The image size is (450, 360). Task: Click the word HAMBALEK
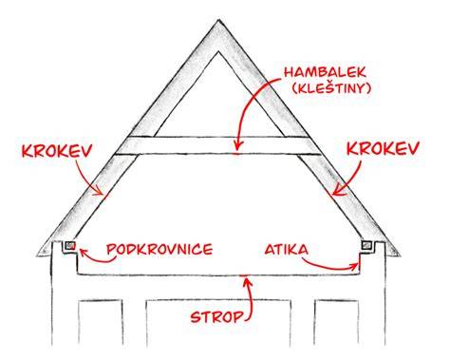[325, 72]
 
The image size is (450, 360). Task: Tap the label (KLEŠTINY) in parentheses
[330, 88]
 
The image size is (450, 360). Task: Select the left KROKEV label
[57, 151]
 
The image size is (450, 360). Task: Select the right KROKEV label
[384, 148]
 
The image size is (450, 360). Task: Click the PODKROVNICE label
[159, 249]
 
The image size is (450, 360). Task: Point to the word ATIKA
[286, 250]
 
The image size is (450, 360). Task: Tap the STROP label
[217, 316]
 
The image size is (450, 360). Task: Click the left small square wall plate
[70, 245]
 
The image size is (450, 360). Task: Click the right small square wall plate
[366, 245]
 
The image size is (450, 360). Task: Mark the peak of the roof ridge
[218, 21]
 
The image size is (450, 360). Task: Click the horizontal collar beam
[218, 145]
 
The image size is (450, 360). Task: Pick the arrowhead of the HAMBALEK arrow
[238, 146]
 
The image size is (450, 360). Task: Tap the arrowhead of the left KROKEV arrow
[101, 192]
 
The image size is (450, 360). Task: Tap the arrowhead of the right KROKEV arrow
[337, 191]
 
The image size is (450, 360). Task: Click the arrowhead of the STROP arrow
[247, 282]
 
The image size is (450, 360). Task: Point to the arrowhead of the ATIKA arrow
[355, 267]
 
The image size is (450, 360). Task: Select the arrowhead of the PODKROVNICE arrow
[83, 253]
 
